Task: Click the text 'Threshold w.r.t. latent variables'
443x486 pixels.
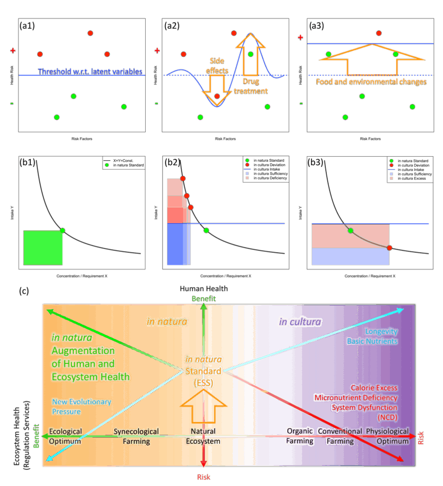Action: point(90,72)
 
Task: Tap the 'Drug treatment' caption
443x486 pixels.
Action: point(251,86)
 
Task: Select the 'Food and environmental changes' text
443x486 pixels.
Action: point(371,82)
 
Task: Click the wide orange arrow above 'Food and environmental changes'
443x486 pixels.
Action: point(372,59)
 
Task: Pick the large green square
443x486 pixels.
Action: point(43,247)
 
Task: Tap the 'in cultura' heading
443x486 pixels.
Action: point(300,322)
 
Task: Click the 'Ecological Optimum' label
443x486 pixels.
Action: point(65,436)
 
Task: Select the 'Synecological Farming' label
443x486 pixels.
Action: point(136,436)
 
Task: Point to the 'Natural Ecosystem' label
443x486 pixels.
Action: point(203,436)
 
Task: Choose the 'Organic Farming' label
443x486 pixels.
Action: point(300,436)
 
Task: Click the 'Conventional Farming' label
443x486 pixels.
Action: point(340,436)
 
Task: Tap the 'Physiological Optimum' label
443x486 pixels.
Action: point(387,436)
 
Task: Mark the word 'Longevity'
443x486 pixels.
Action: point(381,332)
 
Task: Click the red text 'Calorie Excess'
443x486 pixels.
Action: point(374,388)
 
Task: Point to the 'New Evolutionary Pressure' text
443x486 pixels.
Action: point(81,406)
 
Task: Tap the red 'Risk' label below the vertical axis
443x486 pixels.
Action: point(204,477)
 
